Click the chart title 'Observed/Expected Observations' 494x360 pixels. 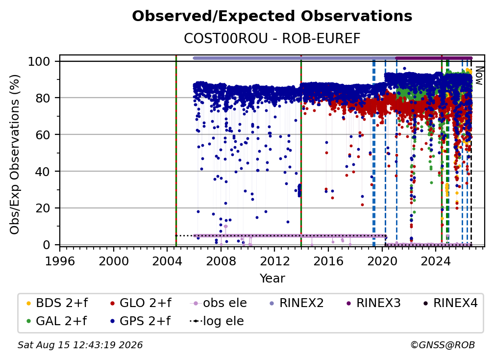pyautogui.click(x=272, y=16)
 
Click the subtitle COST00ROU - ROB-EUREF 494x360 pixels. pyautogui.click(x=272, y=38)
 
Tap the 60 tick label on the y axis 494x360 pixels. pyautogui.click(x=43, y=134)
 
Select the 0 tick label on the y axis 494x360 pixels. pyautogui.click(x=47, y=245)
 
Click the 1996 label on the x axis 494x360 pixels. pyautogui.click(x=60, y=261)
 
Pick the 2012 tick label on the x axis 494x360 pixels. pyautogui.click(x=274, y=261)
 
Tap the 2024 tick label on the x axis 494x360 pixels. pyautogui.click(x=435, y=261)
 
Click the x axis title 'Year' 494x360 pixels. pyautogui.click(x=272, y=279)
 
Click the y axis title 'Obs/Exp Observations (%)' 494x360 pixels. pyautogui.click(x=15, y=154)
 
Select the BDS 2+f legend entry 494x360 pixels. pyautogui.click(x=57, y=303)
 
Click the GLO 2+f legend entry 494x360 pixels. pyautogui.click(x=141, y=303)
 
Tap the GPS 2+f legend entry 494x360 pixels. pyautogui.click(x=140, y=321)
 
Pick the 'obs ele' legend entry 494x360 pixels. pyautogui.click(x=219, y=303)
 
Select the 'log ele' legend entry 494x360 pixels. pyautogui.click(x=217, y=321)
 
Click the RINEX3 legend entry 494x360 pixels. pyautogui.click(x=373, y=303)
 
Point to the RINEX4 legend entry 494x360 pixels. pyautogui.click(x=450, y=303)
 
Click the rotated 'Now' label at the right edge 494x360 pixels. pyautogui.click(x=479, y=76)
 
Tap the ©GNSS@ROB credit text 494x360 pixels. pyautogui.click(x=443, y=345)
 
